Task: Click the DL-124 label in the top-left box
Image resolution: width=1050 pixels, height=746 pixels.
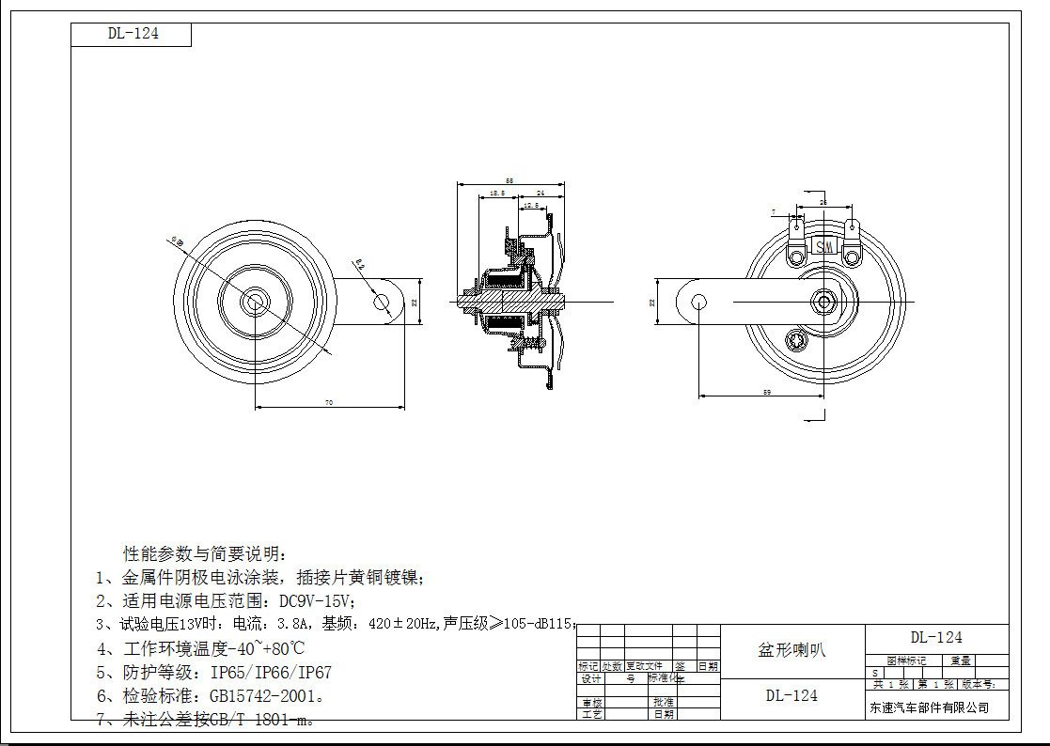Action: pyautogui.click(x=133, y=34)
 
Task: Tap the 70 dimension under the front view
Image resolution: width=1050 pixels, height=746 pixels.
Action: pyautogui.click(x=328, y=402)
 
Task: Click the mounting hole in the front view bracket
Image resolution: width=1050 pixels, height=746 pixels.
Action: pyautogui.click(x=381, y=301)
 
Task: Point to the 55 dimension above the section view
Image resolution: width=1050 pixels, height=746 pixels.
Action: pyautogui.click(x=509, y=180)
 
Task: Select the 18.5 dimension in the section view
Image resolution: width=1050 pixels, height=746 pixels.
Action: pyautogui.click(x=497, y=193)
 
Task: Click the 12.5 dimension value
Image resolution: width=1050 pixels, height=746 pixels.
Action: pyautogui.click(x=531, y=205)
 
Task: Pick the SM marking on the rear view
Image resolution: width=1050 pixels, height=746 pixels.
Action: pyautogui.click(x=824, y=246)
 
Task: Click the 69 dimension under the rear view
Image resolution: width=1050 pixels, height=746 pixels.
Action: pyautogui.click(x=767, y=391)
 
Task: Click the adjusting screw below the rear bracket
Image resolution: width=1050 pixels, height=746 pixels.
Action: pyautogui.click(x=802, y=339)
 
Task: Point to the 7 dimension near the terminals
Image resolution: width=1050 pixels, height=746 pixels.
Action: pyautogui.click(x=773, y=211)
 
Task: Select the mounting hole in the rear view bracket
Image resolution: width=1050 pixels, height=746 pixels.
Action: pyautogui.click(x=698, y=301)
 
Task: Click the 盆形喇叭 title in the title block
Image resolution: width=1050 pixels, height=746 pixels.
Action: pyautogui.click(x=791, y=650)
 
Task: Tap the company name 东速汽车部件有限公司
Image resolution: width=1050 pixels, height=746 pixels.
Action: pyautogui.click(x=929, y=707)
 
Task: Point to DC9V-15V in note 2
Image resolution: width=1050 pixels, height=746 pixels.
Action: pyautogui.click(x=318, y=601)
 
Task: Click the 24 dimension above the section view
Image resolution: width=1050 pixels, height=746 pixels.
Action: pyautogui.click(x=541, y=193)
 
